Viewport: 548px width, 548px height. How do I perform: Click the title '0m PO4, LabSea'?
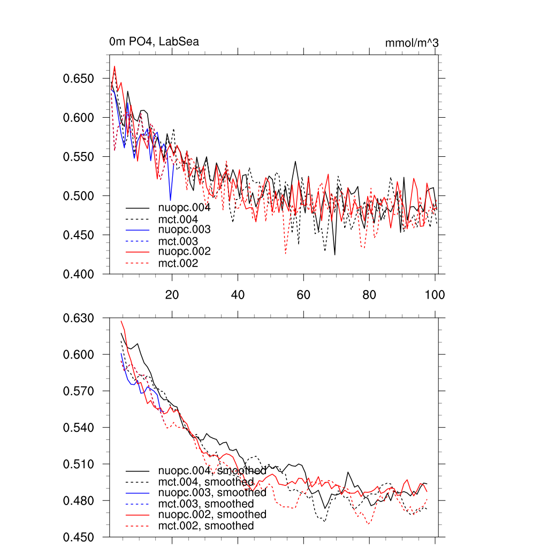point(154,42)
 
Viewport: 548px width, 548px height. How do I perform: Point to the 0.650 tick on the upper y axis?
point(79,79)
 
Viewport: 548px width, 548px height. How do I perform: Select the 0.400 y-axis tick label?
point(79,274)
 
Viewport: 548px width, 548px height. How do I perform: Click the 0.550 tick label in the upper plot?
point(79,157)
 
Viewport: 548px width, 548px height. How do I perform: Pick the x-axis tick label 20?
point(172,294)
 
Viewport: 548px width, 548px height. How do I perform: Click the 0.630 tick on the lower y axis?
point(79,318)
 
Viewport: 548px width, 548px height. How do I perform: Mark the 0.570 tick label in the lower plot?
point(79,391)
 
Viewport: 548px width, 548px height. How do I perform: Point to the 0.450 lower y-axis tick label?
point(79,537)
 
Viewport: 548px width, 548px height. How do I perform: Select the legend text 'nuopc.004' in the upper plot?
point(184,208)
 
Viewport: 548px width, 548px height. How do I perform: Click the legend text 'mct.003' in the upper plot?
point(178,241)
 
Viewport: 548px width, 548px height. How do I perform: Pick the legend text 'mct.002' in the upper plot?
point(178,263)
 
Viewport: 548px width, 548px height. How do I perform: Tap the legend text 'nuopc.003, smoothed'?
point(212,492)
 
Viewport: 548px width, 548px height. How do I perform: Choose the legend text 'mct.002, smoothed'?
point(206,526)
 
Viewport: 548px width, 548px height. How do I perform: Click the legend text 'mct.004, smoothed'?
point(206,482)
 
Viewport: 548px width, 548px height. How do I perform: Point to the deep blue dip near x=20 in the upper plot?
point(171,200)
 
